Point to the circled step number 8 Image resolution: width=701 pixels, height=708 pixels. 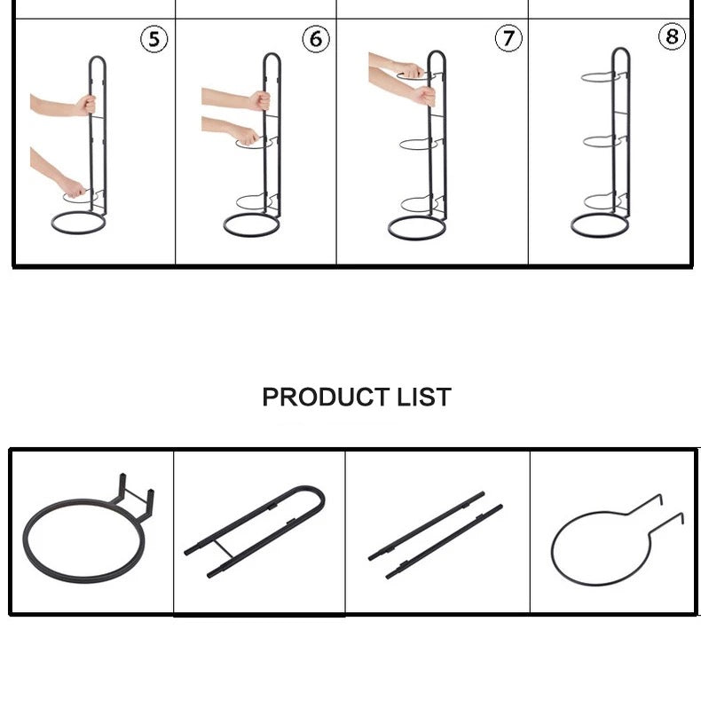pyautogui.click(x=672, y=37)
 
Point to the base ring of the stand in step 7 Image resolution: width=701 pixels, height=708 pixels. pyautogui.click(x=416, y=226)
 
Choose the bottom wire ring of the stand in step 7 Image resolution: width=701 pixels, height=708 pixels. pyautogui.click(x=417, y=203)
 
